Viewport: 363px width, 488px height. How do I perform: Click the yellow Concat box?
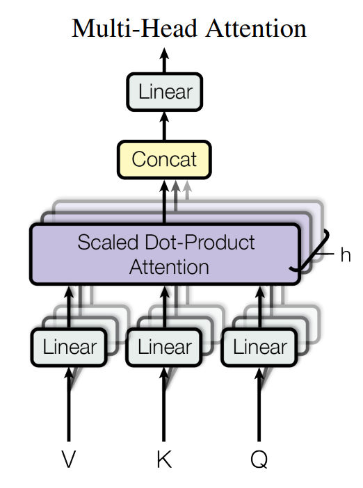164,160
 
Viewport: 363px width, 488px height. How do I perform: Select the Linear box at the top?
165,92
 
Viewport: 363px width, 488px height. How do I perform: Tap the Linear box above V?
69,347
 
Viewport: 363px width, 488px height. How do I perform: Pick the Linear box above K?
164,347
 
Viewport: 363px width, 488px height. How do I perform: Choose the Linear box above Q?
259,347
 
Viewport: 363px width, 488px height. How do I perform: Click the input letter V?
68,459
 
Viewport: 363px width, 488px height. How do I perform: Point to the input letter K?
164,459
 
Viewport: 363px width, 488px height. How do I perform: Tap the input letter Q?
259,459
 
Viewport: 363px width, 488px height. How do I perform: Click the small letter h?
345,254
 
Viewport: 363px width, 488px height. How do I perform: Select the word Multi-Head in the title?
134,29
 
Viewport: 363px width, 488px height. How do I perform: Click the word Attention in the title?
256,29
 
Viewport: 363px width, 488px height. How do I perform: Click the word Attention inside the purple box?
169,267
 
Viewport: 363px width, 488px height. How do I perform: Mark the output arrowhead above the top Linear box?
164,54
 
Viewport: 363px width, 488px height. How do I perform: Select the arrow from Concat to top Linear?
164,126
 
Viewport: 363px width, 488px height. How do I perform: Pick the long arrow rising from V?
69,404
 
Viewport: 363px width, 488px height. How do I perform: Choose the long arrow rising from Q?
259,404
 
